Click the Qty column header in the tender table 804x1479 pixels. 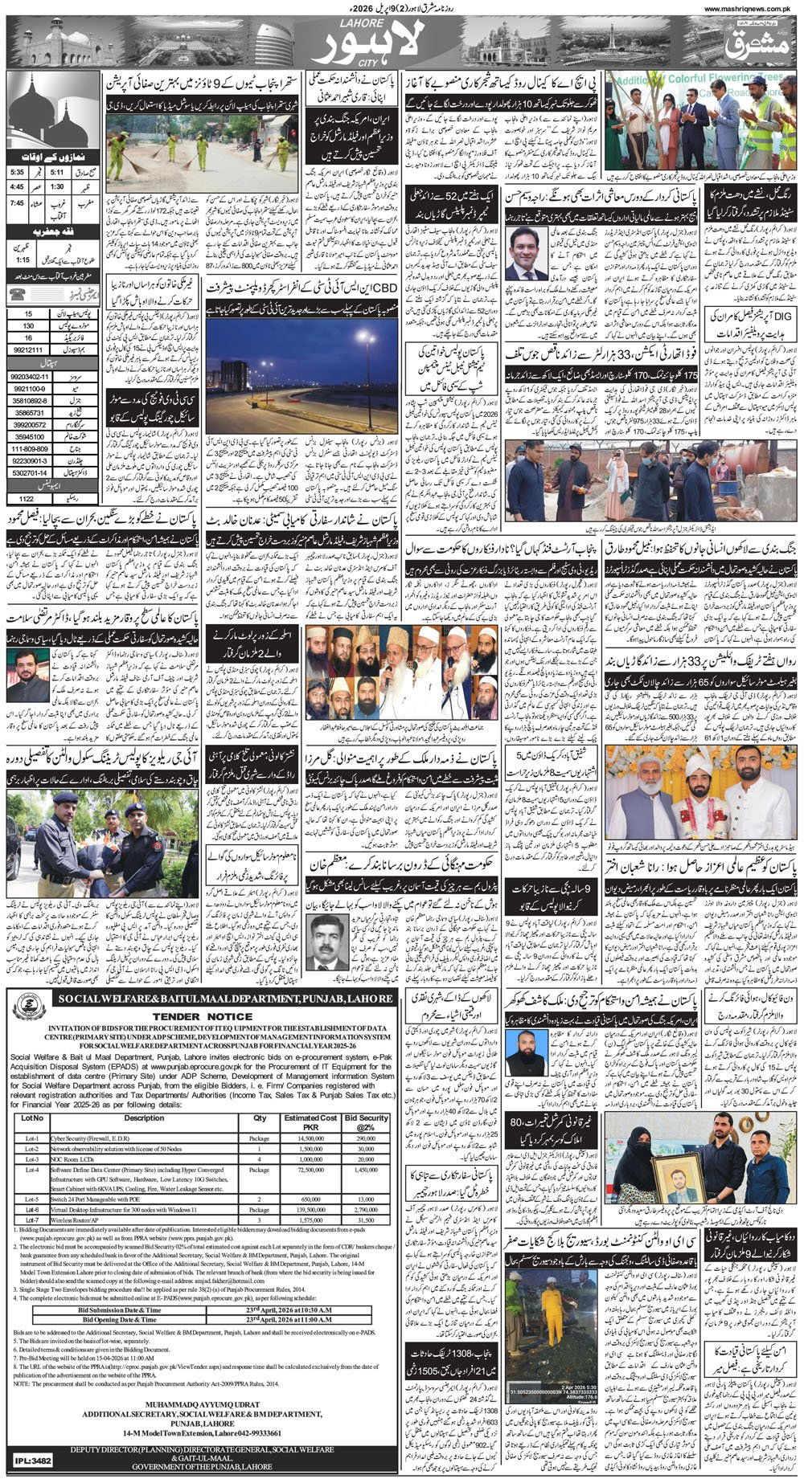[260, 1117]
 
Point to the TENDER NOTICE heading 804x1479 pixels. [201, 1015]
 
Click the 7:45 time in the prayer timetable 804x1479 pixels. [17, 202]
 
